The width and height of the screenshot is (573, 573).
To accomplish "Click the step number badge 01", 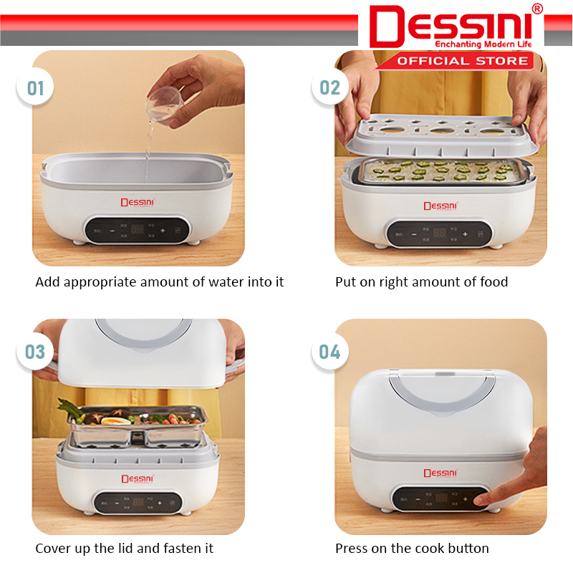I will click(x=36, y=89).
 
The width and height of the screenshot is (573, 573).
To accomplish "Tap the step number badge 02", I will click(x=330, y=89).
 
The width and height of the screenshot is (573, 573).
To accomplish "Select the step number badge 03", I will click(x=36, y=352).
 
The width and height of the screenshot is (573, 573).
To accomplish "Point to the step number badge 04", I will click(x=330, y=352).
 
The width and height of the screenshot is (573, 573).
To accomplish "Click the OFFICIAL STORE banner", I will click(x=463, y=61).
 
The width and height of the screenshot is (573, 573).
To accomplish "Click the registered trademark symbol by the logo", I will click(x=537, y=9).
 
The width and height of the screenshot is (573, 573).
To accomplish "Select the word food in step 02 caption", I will click(x=493, y=282).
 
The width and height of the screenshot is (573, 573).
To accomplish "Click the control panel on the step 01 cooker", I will click(x=138, y=231).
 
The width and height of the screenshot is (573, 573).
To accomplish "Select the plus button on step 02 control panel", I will click(x=465, y=233).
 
